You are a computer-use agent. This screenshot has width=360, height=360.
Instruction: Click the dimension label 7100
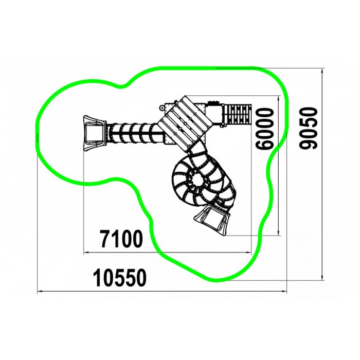pos(121,239)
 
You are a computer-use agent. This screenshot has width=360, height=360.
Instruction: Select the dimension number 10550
pos(119,278)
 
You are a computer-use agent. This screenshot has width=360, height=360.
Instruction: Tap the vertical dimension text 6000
pos(265,129)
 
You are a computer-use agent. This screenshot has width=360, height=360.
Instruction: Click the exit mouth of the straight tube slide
pos(94,133)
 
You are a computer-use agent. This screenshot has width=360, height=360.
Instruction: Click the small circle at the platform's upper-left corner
pos(163,107)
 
